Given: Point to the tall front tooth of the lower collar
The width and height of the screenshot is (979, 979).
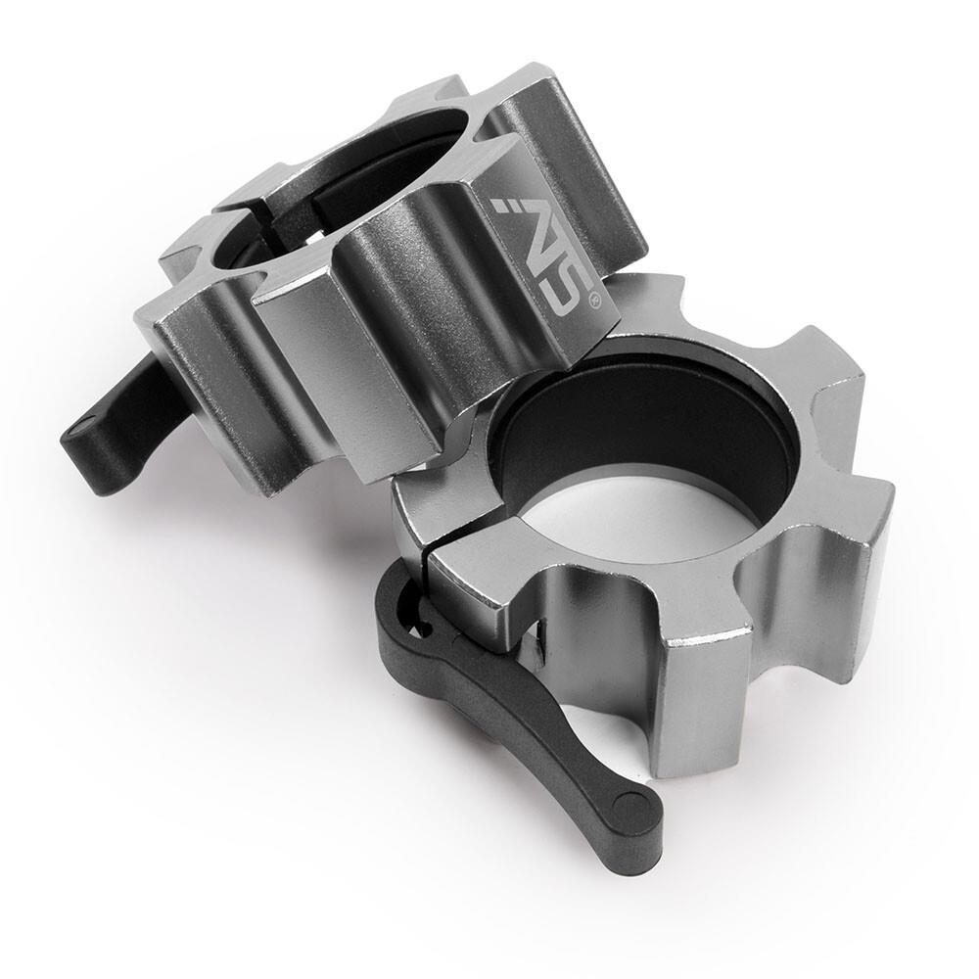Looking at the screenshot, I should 705,676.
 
